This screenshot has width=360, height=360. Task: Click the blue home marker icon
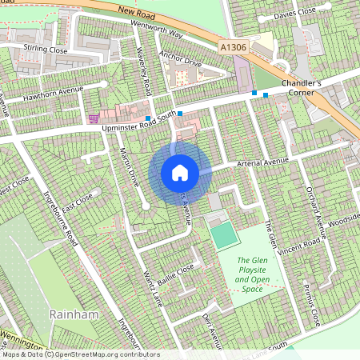(x=180, y=172)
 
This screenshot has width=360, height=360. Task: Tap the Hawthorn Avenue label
(x=54, y=94)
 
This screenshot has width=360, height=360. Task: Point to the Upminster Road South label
(x=134, y=118)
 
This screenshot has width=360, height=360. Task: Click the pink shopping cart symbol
(x=94, y=118)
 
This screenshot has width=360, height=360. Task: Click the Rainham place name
(x=74, y=314)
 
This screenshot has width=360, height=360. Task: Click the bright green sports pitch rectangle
(x=223, y=234)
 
